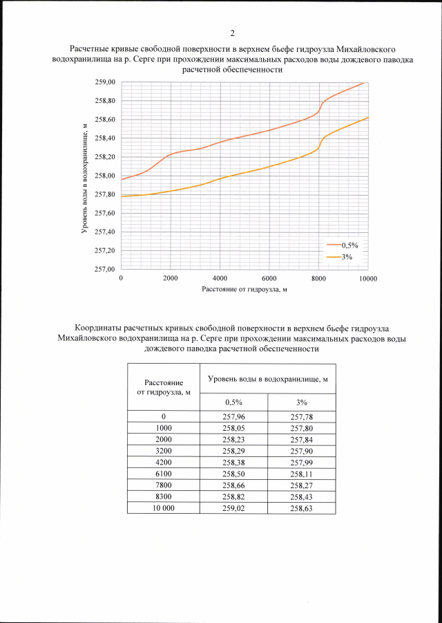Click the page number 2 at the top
pyautogui.click(x=232, y=33)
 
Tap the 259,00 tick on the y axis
pyautogui.click(x=105, y=82)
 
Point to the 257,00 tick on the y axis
pyautogui.click(x=105, y=269)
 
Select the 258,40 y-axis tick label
pyautogui.click(x=105, y=138)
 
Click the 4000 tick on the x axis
pyautogui.click(x=220, y=278)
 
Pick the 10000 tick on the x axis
pyautogui.click(x=367, y=278)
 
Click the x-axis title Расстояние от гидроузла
pyautogui.click(x=244, y=289)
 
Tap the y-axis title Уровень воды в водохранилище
pyautogui.click(x=84, y=176)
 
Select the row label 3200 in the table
pyautogui.click(x=164, y=451)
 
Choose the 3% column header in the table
pyautogui.click(x=302, y=402)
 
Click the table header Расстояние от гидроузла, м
pyautogui.click(x=164, y=387)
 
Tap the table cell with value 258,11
pyautogui.click(x=302, y=474)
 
